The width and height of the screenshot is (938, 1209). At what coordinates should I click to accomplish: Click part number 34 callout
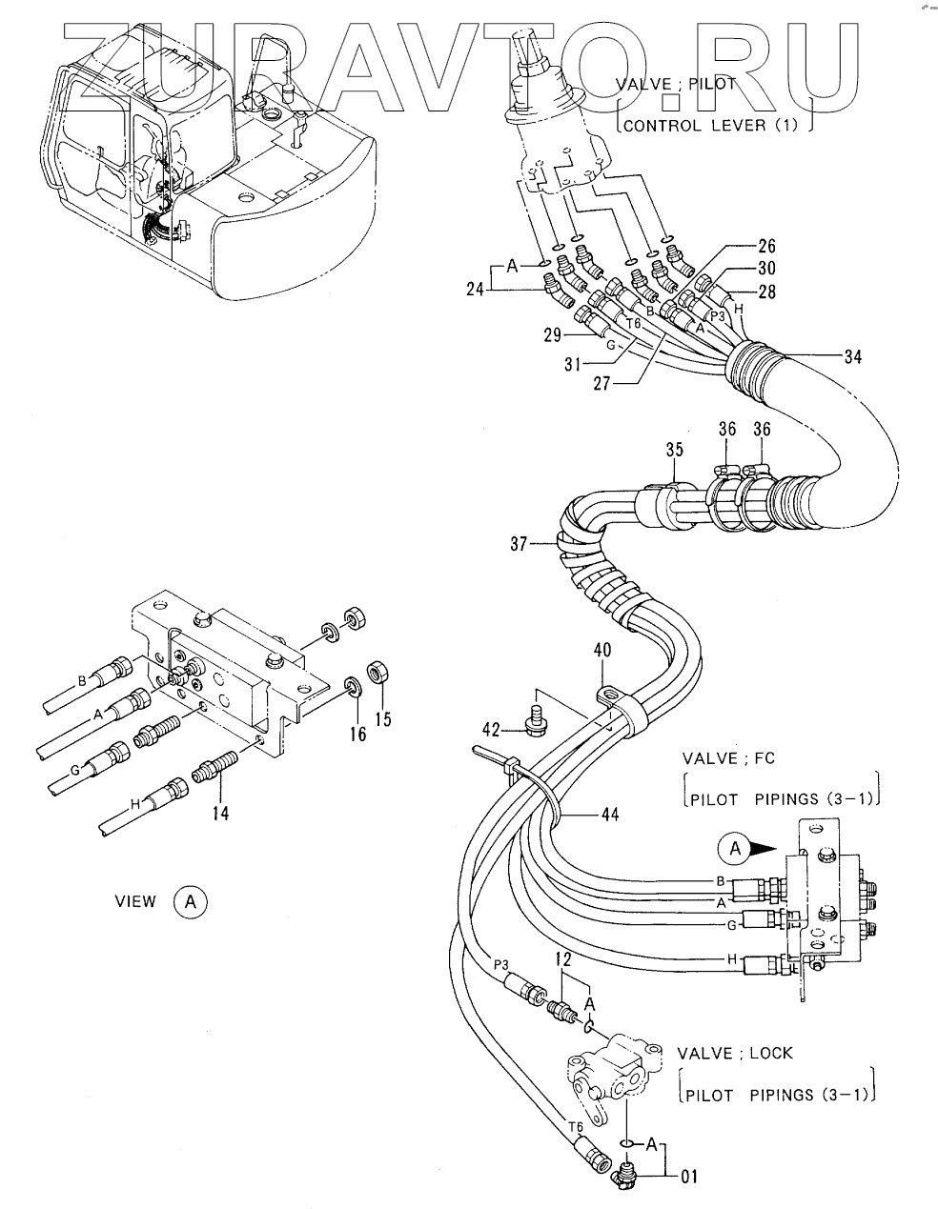point(853,357)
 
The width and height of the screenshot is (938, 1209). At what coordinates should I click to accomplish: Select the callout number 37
point(519,545)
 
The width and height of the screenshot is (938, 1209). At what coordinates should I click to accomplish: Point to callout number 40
point(602,652)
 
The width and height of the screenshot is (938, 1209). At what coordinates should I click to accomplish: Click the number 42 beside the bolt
point(491,731)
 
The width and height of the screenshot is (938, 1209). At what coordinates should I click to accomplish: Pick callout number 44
point(610,815)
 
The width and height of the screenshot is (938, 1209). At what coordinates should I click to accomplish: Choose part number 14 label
point(221,813)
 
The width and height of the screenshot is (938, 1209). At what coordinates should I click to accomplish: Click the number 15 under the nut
point(382,719)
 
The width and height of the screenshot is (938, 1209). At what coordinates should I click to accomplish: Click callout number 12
point(563,957)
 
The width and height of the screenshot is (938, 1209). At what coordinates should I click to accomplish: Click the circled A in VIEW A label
point(190,900)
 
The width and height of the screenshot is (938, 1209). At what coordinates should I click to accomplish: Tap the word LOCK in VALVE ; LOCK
point(770,1054)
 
